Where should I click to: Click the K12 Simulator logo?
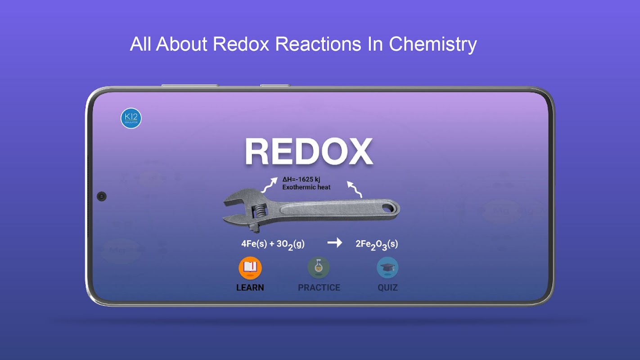click(x=131, y=118)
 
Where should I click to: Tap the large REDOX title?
click(x=309, y=152)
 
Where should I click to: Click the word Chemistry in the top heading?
click(x=433, y=44)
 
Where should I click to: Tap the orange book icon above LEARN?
click(x=250, y=268)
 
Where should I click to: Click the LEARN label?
click(x=250, y=288)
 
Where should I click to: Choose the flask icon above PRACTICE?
click(x=319, y=268)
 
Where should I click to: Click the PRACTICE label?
click(x=319, y=288)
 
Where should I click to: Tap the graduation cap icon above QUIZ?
click(x=388, y=268)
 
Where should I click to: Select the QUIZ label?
click(x=388, y=288)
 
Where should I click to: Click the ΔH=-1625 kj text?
click(x=301, y=180)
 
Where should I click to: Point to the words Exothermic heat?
click(x=306, y=187)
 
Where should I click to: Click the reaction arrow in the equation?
click(x=334, y=243)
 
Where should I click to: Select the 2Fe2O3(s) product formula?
click(x=377, y=244)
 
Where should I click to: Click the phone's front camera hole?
click(x=101, y=196)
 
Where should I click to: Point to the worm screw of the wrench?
click(x=260, y=211)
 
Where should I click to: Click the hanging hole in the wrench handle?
click(x=388, y=208)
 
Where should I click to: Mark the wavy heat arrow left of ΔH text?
click(x=270, y=185)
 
